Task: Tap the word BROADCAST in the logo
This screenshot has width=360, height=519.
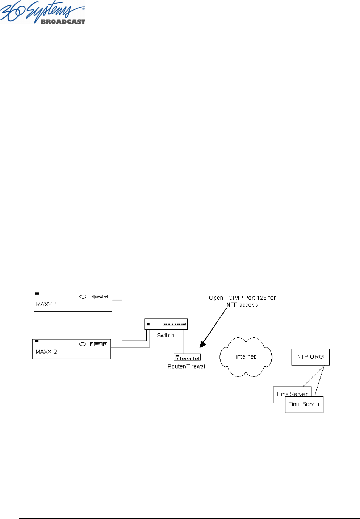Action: tap(63, 22)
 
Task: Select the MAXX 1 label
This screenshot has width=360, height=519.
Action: tap(46, 304)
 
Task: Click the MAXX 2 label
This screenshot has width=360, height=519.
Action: tap(46, 352)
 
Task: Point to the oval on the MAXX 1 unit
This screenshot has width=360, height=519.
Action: tap(83, 297)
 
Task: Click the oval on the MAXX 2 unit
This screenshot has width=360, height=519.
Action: tap(83, 344)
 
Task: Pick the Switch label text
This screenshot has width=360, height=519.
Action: tap(166, 336)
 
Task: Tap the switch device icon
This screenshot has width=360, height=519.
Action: tap(166, 324)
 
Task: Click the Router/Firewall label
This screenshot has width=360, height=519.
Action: tap(187, 367)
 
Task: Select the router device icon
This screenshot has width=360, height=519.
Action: tap(187, 357)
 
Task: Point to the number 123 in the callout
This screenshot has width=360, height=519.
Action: tap(262, 298)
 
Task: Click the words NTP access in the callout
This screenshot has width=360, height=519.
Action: tap(242, 305)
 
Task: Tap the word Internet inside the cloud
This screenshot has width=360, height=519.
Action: tap(246, 357)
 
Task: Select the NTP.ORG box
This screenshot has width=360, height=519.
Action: tap(310, 357)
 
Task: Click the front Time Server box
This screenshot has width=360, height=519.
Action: tap(304, 404)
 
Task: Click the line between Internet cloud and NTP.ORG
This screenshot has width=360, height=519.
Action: tap(282, 357)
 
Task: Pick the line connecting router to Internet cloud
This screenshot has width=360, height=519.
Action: tap(210, 357)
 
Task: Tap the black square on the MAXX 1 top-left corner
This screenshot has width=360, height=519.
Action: tap(37, 294)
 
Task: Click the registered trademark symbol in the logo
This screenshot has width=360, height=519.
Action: tap(84, 8)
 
